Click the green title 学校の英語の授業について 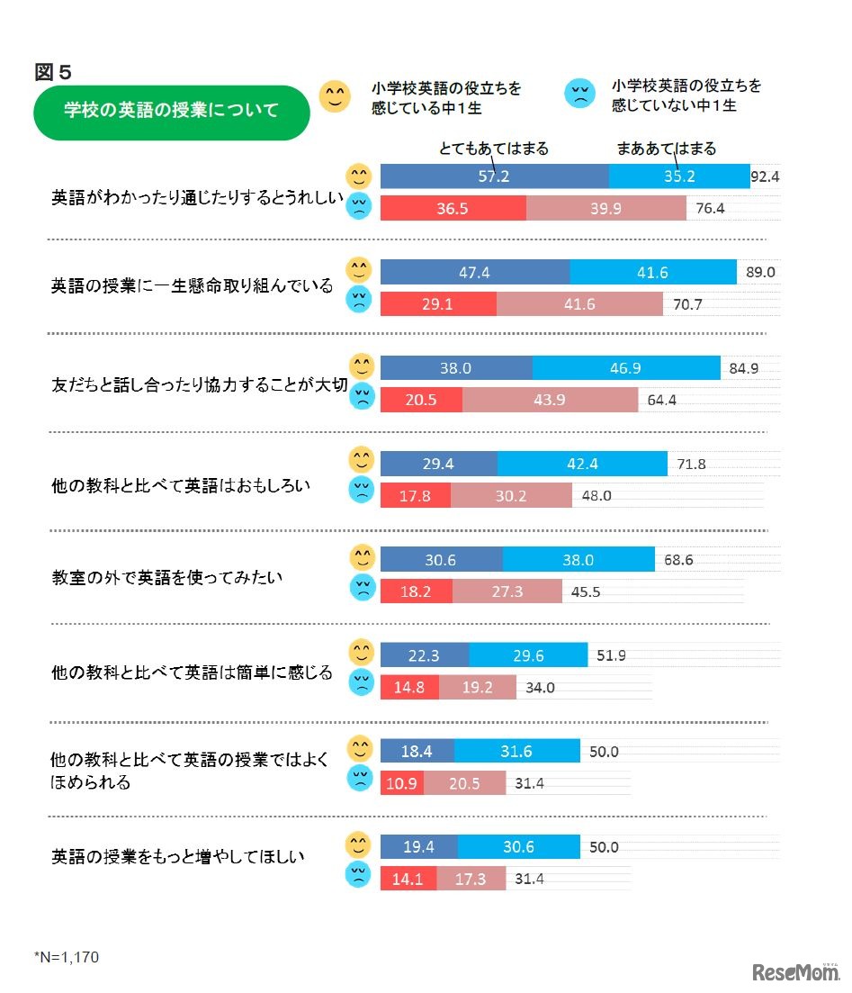click(x=171, y=112)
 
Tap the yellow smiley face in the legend click(x=335, y=96)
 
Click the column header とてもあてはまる click(x=494, y=149)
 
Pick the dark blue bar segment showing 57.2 click(x=494, y=176)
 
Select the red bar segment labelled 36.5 click(x=453, y=209)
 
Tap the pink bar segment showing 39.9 click(x=605, y=209)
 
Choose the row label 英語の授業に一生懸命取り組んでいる click(x=192, y=285)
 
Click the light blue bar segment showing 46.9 click(x=626, y=368)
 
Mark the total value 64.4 click(x=661, y=400)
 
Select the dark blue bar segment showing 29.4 click(x=438, y=465)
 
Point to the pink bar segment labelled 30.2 click(x=511, y=495)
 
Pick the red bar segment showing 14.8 click(x=409, y=688)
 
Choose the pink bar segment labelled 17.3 click(x=471, y=879)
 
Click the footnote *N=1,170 click(x=67, y=957)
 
